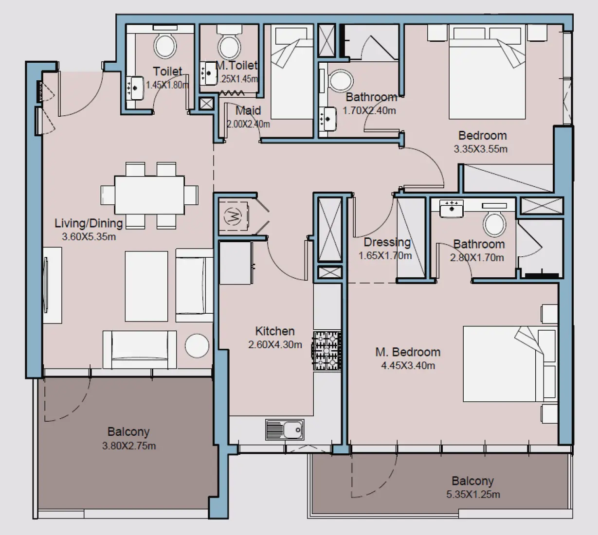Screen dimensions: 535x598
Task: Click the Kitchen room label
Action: coord(275,331)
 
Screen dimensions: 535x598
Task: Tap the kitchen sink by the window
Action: coord(285,430)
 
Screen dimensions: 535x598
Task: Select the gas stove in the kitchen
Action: coord(327,351)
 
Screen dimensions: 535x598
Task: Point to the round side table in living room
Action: coord(197,346)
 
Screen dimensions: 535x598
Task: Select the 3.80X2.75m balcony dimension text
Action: coord(129,446)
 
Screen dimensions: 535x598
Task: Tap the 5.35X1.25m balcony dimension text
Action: coord(473,495)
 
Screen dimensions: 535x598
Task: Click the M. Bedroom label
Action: coord(408,352)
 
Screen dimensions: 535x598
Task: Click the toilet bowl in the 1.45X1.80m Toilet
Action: coord(165,46)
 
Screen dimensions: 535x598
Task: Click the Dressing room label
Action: coord(387,242)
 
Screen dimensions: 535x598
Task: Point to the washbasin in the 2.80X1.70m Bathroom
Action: coord(452,209)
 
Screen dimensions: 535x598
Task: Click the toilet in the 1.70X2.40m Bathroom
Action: coord(341,81)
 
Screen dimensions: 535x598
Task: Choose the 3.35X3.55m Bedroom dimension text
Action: coord(480,149)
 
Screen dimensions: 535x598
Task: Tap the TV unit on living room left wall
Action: coord(52,285)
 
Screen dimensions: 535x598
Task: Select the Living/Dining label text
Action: coord(89,223)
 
